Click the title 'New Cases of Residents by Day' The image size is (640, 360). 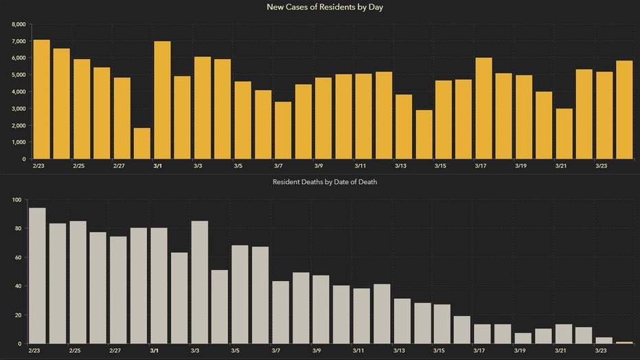click(x=319, y=7)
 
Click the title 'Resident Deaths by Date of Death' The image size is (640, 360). click(x=319, y=182)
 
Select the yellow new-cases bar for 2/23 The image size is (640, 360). click(x=42, y=99)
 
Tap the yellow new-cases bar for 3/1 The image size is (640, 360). click(x=162, y=100)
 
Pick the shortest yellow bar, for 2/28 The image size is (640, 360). click(x=142, y=143)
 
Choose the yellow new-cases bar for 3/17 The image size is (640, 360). click(x=483, y=108)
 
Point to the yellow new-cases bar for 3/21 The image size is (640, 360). click(x=564, y=133)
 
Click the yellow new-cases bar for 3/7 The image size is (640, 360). click(x=283, y=130)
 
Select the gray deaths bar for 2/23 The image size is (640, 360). click(x=37, y=275)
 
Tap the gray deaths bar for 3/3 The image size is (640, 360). click(x=200, y=282)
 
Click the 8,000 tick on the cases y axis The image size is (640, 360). click(x=19, y=24)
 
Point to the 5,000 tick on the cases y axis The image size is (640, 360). click(x=19, y=75)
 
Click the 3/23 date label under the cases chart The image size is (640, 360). click(x=601, y=166)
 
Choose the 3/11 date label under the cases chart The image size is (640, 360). click(x=360, y=166)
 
